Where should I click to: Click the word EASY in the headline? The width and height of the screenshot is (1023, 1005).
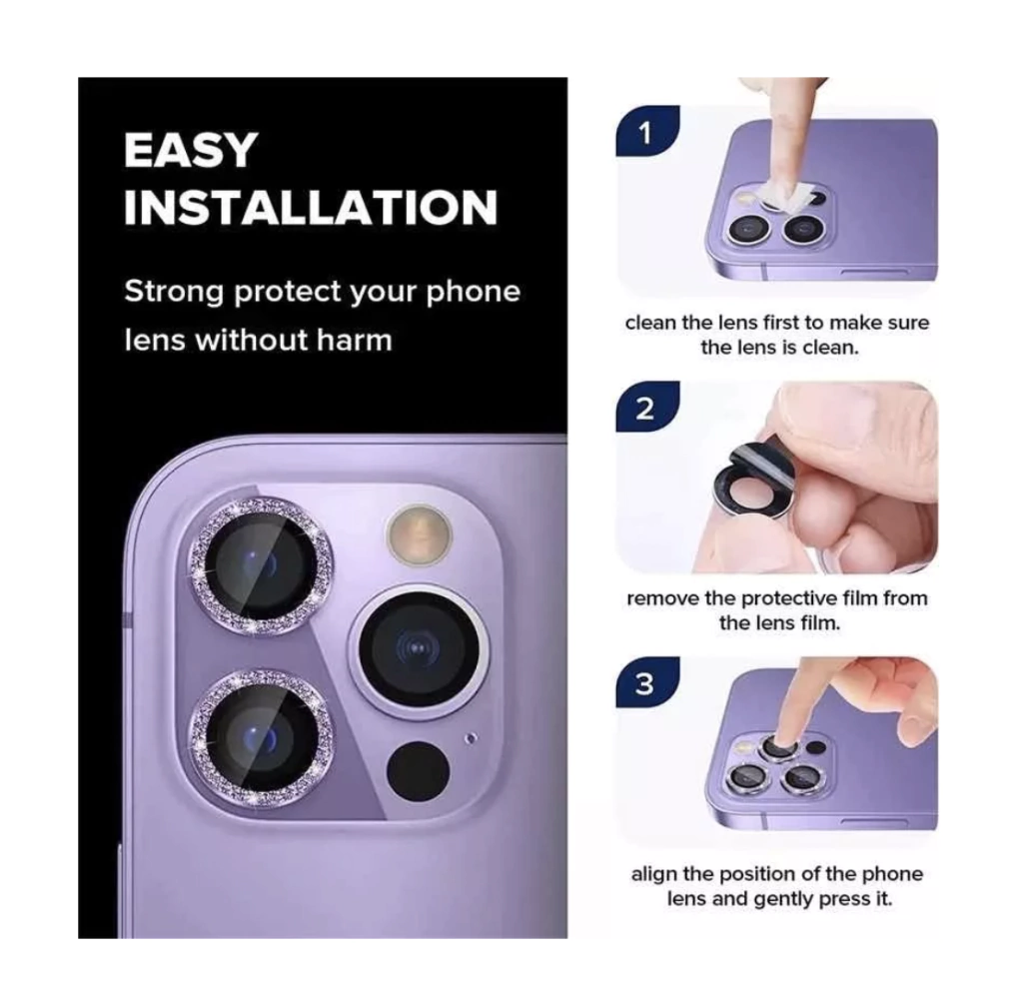pyautogui.click(x=191, y=150)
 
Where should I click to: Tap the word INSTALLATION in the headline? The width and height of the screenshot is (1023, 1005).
pyautogui.click(x=311, y=208)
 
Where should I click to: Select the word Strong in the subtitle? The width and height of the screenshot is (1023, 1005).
pyautogui.click(x=174, y=292)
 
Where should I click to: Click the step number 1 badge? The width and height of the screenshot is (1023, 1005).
pyautogui.click(x=646, y=133)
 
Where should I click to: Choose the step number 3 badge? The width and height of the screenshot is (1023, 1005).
pyautogui.click(x=645, y=683)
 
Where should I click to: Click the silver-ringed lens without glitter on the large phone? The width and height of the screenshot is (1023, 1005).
pyautogui.click(x=418, y=650)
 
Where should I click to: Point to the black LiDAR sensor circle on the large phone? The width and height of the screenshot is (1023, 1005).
pyautogui.click(x=419, y=772)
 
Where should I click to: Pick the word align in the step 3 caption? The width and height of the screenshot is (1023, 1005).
pyautogui.click(x=654, y=875)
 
